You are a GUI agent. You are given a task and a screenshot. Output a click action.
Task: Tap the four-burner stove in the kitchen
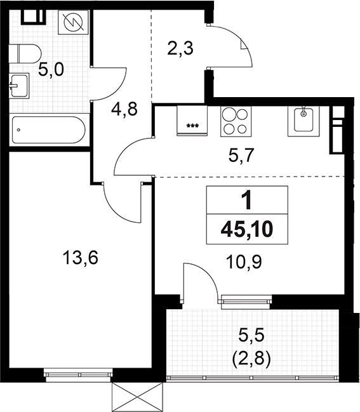[236, 120]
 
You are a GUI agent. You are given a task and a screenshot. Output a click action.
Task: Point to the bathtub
[47, 130]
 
